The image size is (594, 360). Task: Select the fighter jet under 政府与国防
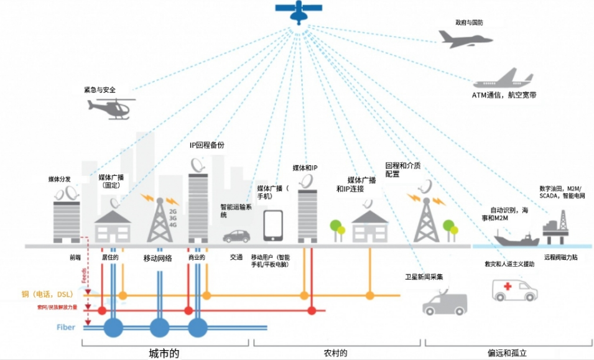(465, 39)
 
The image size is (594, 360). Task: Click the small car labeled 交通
(236, 236)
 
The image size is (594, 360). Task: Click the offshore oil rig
(560, 224)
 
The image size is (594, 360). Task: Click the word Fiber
(67, 326)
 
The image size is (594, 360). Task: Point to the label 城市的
(164, 353)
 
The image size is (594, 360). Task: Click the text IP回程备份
(207, 145)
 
